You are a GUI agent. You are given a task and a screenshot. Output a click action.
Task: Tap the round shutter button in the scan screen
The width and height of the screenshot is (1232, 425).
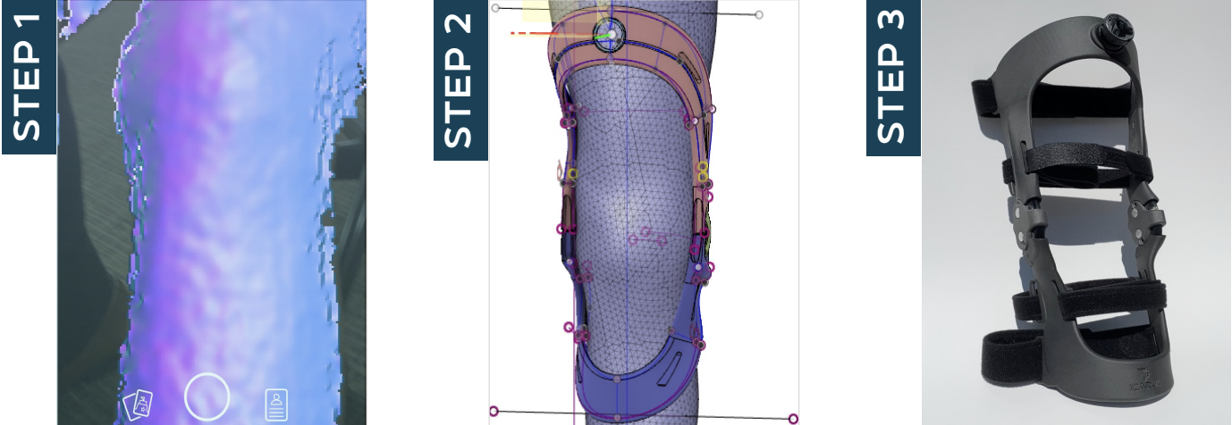(207, 396)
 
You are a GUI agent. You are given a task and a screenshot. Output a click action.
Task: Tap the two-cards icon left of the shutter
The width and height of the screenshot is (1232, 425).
(138, 404)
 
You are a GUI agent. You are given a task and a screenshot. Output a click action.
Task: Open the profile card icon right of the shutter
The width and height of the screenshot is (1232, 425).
(276, 404)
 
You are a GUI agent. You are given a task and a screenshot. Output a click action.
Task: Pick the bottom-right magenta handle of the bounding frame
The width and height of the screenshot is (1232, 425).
(793, 419)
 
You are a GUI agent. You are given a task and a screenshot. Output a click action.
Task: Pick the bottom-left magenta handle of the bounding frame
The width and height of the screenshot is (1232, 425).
(494, 411)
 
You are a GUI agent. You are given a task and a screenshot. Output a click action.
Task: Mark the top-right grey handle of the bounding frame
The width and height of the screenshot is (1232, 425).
(759, 15)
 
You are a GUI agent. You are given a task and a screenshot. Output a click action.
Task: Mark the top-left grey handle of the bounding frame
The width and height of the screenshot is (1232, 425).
(496, 8)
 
